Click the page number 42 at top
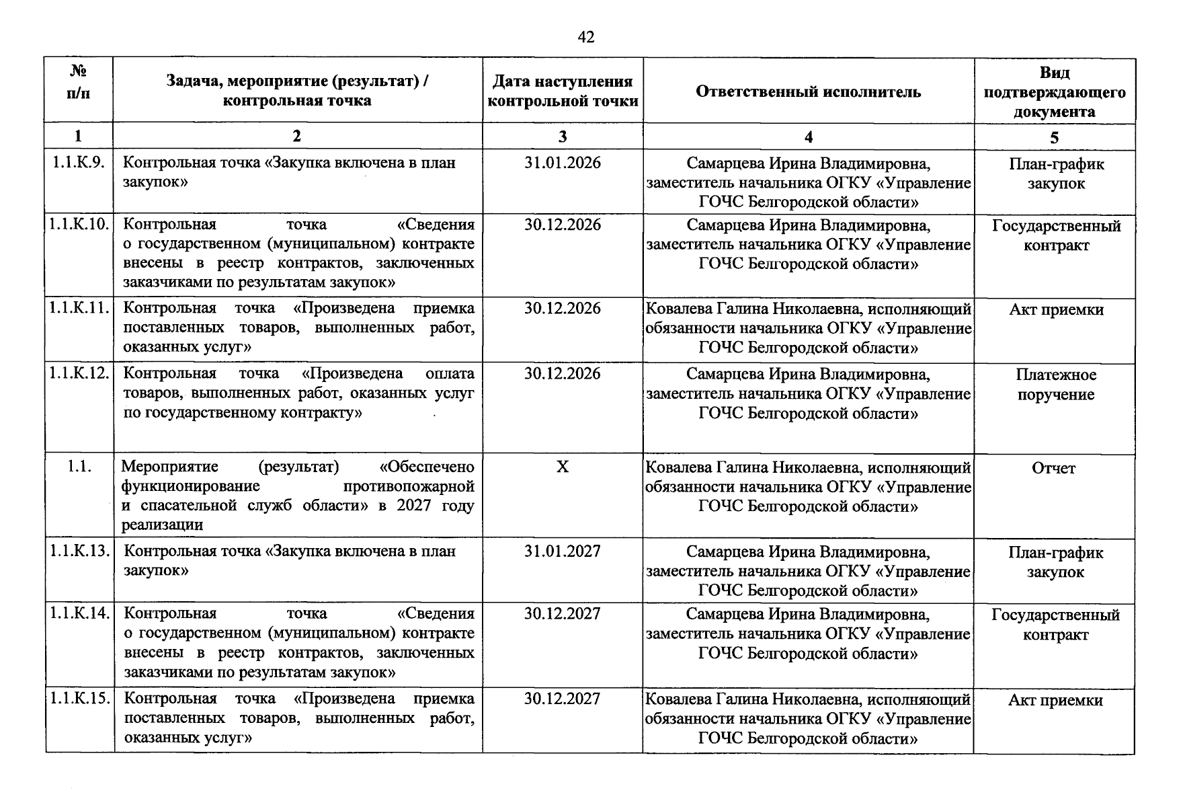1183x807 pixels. (x=585, y=37)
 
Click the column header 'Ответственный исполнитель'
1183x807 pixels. (x=808, y=91)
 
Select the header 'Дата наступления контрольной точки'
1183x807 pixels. (x=563, y=91)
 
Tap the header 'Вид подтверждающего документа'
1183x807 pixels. (x=1054, y=91)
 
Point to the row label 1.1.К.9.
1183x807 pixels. (x=79, y=162)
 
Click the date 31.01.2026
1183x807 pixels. (x=563, y=163)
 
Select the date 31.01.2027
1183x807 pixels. (x=563, y=551)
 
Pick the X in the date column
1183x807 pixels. (x=563, y=467)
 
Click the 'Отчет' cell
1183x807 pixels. (x=1053, y=468)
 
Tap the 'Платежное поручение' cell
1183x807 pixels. (x=1055, y=385)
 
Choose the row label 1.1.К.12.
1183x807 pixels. (x=79, y=373)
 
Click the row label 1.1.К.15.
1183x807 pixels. (x=79, y=698)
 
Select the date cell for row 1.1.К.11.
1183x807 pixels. (x=563, y=309)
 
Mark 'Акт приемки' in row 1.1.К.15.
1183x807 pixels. (x=1055, y=701)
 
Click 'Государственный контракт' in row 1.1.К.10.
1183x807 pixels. (x=1056, y=235)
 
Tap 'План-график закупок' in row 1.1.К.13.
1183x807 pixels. (x=1055, y=562)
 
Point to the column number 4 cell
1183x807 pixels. (x=808, y=137)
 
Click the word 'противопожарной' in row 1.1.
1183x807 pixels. (x=408, y=486)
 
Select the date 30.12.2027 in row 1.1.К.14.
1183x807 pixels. (x=563, y=614)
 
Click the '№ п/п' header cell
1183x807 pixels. (x=79, y=82)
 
